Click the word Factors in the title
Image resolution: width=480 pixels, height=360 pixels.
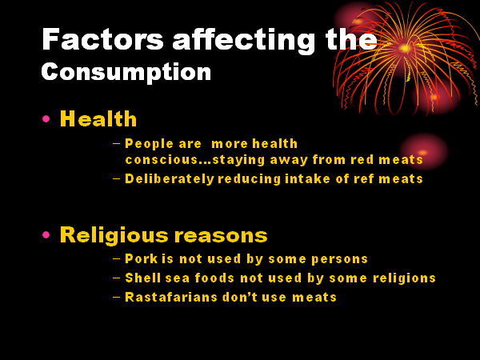point(103,39)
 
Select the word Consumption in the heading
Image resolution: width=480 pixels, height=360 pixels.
point(126,72)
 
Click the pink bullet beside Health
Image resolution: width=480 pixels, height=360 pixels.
point(46,118)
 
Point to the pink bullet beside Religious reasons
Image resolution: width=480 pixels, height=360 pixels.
point(46,234)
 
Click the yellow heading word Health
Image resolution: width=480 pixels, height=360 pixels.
point(98,118)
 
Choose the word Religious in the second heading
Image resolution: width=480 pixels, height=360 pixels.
point(114,236)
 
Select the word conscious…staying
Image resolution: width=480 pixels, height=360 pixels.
point(195,160)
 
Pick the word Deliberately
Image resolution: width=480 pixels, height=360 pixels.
point(170,179)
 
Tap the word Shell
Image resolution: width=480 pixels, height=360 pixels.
point(143,278)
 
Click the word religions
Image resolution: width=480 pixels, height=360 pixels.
point(404,278)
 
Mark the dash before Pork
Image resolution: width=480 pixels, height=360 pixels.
point(116,258)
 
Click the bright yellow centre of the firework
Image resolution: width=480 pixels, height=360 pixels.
point(405,48)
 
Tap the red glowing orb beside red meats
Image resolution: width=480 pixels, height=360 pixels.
point(424,151)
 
